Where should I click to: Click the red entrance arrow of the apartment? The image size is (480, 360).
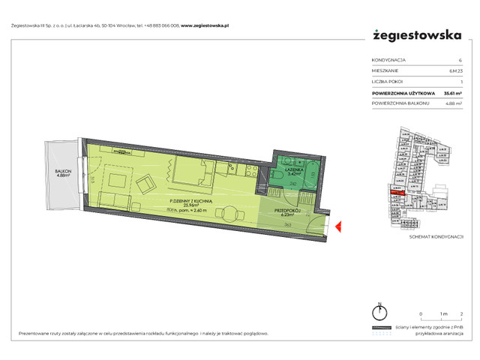point(339,226)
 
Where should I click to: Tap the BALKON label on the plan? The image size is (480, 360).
point(63,172)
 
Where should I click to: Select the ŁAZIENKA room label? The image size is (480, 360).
point(293,170)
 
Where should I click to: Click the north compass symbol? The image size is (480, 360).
point(382,312)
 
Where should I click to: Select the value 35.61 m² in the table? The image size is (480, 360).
point(452,94)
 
